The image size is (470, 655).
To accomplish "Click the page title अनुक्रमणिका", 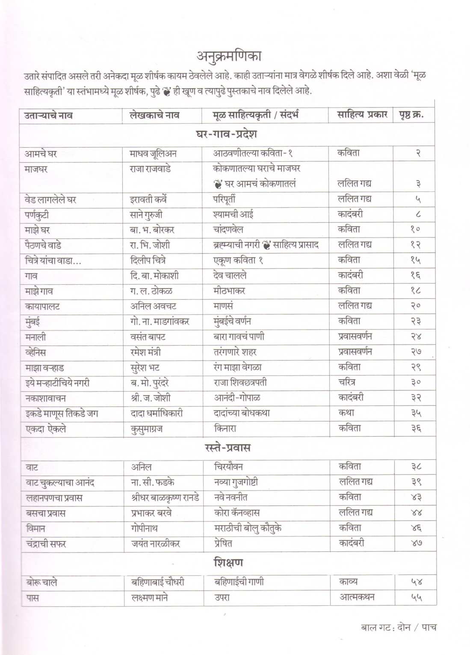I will (229, 57).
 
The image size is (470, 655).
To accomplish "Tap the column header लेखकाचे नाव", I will (154, 115).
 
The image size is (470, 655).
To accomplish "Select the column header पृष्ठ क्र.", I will (411, 115).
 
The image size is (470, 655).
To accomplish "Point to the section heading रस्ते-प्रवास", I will (228, 448).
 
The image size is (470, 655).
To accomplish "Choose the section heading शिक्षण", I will (228, 562).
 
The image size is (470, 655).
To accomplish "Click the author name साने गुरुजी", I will (146, 214).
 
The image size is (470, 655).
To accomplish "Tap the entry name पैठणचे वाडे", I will (43, 245).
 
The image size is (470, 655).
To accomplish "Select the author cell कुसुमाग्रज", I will (147, 429).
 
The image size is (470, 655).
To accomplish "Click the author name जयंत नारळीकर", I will (156, 544).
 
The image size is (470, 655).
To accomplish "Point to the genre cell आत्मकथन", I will (357, 597).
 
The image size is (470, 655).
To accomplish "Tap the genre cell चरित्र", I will (347, 382).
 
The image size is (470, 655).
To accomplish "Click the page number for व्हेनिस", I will (416, 352).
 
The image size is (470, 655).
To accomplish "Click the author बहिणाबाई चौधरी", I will (158, 582).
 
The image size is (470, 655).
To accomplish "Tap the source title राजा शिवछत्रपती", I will (240, 382).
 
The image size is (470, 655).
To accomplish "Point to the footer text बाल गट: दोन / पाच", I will (399, 628).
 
